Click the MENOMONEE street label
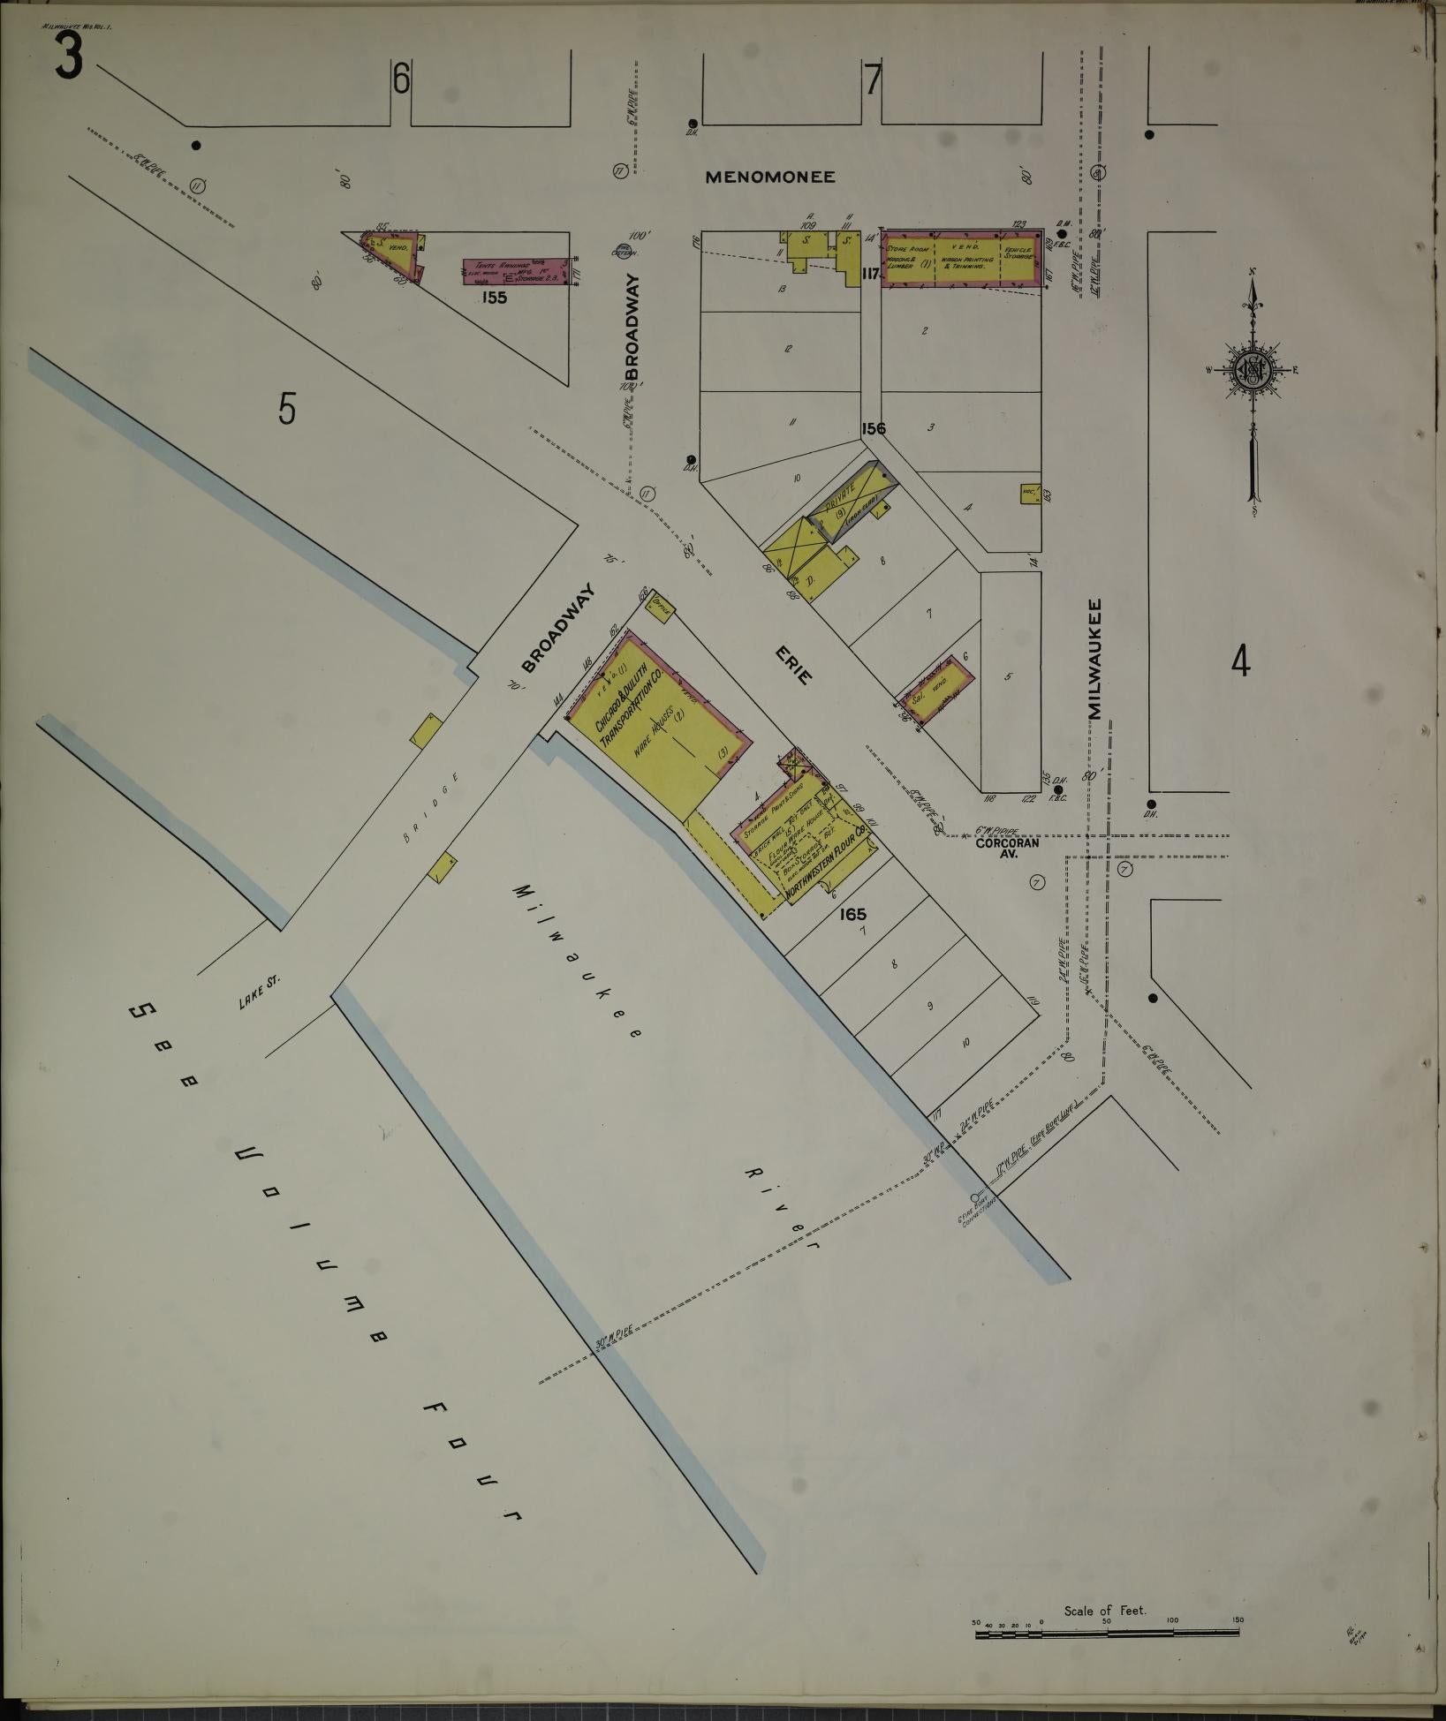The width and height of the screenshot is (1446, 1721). click(770, 177)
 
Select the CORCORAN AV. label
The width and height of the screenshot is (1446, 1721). click(1006, 849)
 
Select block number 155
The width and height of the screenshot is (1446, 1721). click(494, 298)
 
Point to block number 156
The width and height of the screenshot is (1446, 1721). click(874, 428)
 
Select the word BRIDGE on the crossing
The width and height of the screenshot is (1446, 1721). click(433, 808)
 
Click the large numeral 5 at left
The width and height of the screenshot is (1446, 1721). click(285, 409)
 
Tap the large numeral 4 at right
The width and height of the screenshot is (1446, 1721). click(1241, 661)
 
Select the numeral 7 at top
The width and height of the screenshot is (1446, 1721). click(873, 81)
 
